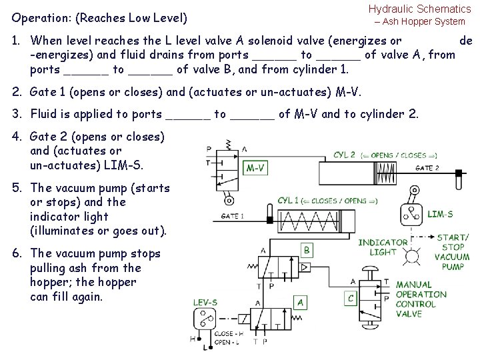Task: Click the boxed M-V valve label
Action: pyautogui.click(x=256, y=168)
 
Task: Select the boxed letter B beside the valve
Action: pyautogui.click(x=307, y=250)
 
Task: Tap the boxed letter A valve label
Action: pyautogui.click(x=301, y=302)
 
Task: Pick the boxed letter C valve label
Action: pyautogui.click(x=351, y=298)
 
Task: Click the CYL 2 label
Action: pyautogui.click(x=344, y=155)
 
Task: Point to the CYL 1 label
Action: pyautogui.click(x=289, y=201)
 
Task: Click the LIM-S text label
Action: pyautogui.click(x=440, y=214)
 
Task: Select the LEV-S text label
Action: pyautogui.click(x=204, y=302)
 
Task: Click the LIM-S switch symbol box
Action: pyautogui.click(x=411, y=213)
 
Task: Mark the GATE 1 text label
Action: pyautogui.click(x=233, y=215)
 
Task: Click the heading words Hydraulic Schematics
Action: pyautogui.click(x=419, y=9)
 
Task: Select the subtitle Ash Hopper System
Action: pyautogui.click(x=423, y=22)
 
